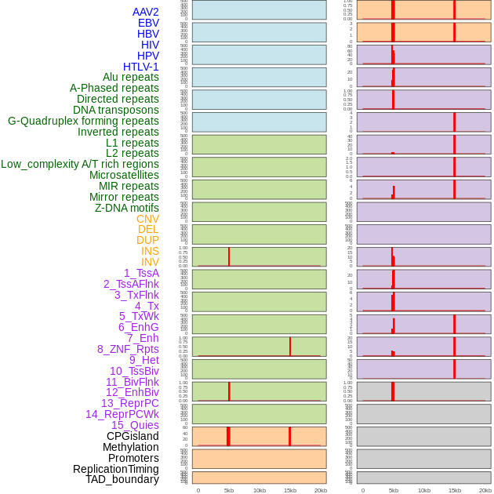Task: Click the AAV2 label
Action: [145, 12]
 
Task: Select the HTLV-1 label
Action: [140, 67]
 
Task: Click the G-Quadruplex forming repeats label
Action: [83, 121]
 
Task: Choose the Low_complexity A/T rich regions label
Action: [79, 164]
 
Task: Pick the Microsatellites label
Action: [124, 175]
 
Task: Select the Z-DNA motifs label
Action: [126, 208]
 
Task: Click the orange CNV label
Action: [147, 219]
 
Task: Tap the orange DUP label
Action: [147, 240]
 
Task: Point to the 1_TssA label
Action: [141, 273]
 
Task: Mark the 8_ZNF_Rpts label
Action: [128, 349]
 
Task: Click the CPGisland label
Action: [133, 436]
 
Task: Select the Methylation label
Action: [130, 447]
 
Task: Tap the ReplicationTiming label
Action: [115, 469]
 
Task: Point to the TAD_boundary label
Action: [122, 479]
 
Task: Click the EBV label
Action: [148, 23]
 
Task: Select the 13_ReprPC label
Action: [129, 403]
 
